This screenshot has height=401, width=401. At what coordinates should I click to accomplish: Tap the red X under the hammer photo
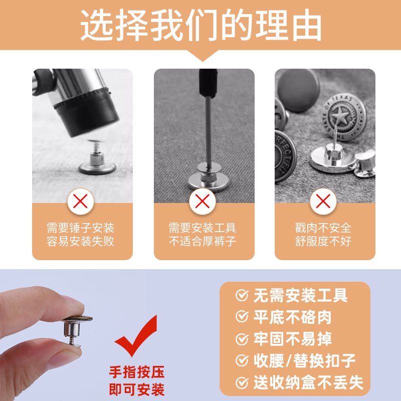pyautogui.click(x=81, y=202)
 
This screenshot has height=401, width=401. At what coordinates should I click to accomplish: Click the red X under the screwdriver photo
pyautogui.click(x=202, y=202)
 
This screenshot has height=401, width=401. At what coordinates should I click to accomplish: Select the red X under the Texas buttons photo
pyautogui.click(x=323, y=202)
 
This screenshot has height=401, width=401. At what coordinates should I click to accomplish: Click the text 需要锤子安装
pyautogui.click(x=81, y=228)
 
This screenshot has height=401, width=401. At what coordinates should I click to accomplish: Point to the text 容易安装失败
pyautogui.click(x=81, y=241)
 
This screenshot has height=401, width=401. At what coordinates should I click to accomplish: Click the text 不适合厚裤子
pyautogui.click(x=202, y=241)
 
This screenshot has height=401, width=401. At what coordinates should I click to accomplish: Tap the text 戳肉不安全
pyautogui.click(x=323, y=228)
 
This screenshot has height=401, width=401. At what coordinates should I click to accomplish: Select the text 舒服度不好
pyautogui.click(x=323, y=241)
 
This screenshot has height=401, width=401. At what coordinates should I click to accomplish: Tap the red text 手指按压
pyautogui.click(x=137, y=372)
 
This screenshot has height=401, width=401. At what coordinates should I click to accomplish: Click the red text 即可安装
pyautogui.click(x=137, y=388)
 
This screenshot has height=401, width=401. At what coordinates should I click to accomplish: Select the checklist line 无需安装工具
pyautogui.click(x=300, y=296)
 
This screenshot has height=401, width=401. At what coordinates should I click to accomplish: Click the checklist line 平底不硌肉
pyautogui.click(x=292, y=317)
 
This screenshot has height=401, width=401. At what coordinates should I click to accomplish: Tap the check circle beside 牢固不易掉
pyautogui.click(x=243, y=339)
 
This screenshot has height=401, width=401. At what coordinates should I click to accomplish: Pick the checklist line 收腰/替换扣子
pyautogui.click(x=304, y=360)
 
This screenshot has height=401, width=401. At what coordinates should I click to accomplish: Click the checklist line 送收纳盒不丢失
pyautogui.click(x=307, y=382)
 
